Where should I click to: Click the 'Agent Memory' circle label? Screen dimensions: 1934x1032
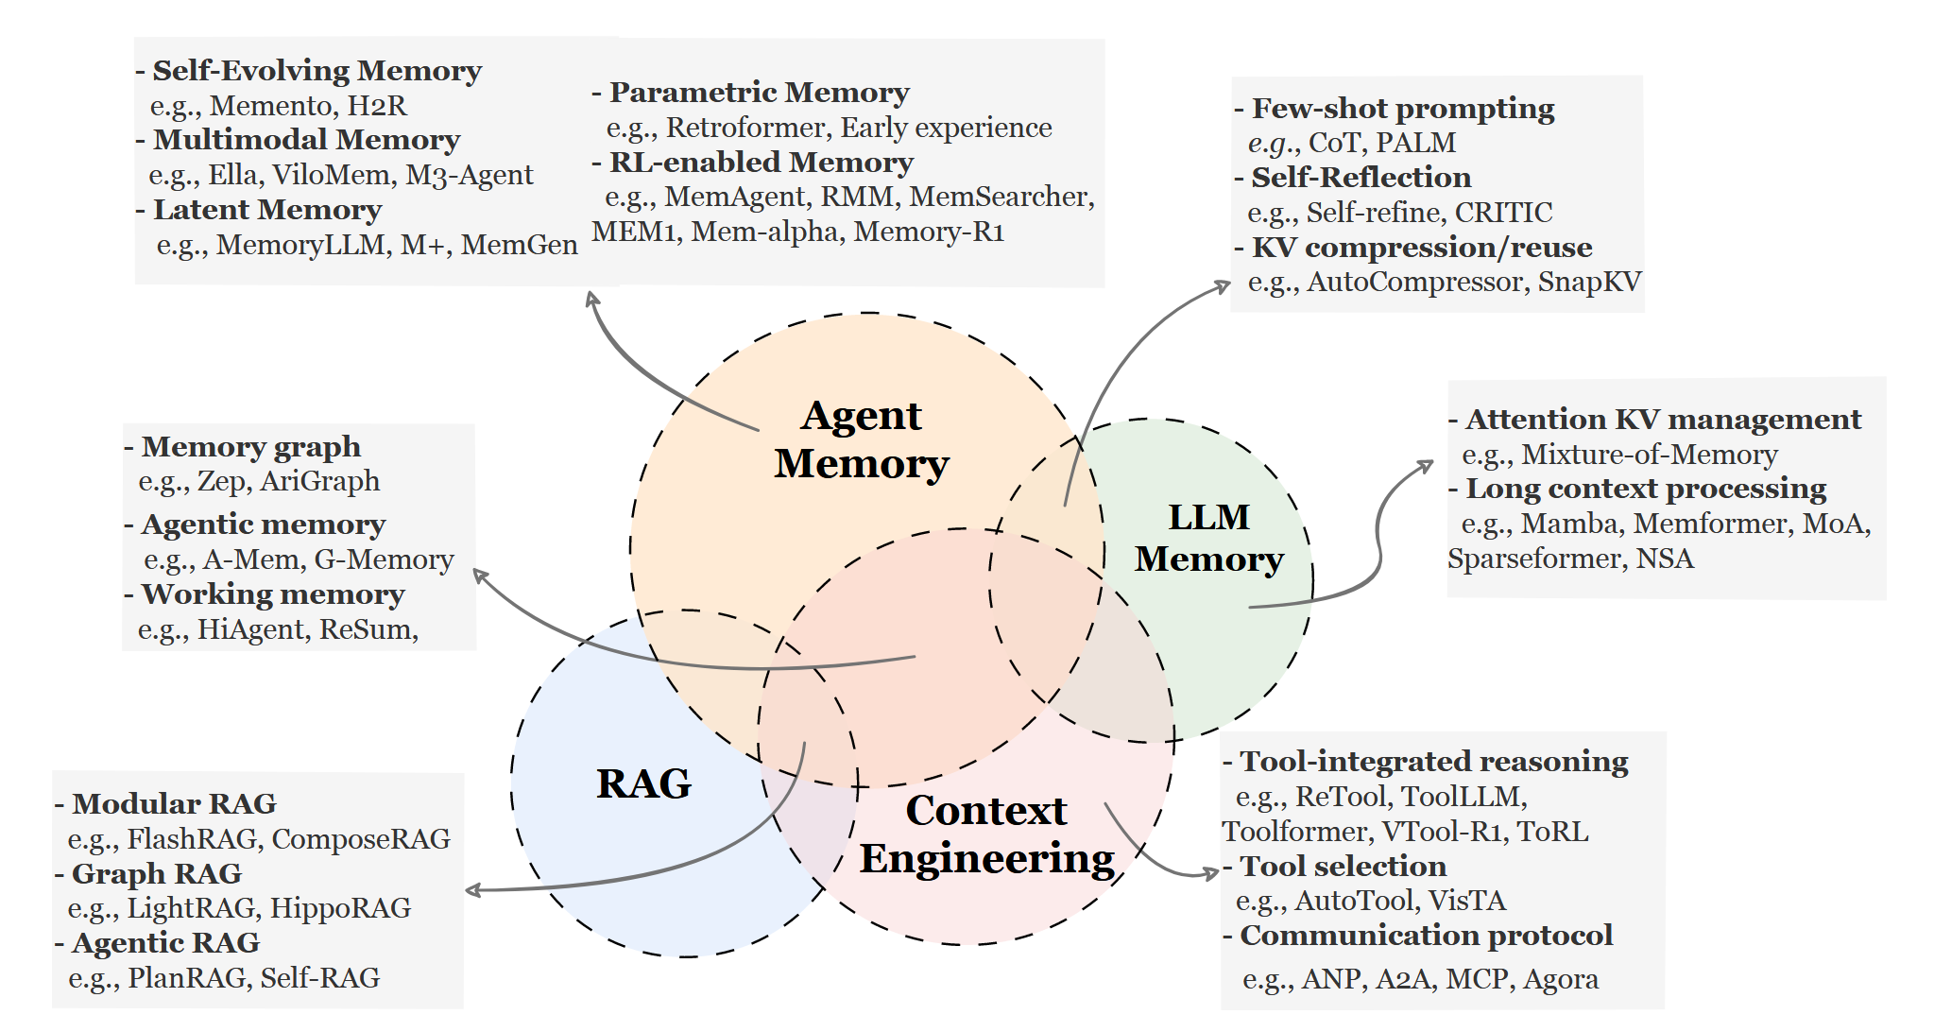(x=862, y=439)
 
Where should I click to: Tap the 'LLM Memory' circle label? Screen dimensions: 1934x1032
(x=1209, y=538)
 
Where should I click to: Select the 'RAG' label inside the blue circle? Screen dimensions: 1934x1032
(x=644, y=783)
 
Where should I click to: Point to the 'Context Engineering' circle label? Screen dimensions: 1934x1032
(x=987, y=835)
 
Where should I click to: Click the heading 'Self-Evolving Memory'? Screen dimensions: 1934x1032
(x=317, y=71)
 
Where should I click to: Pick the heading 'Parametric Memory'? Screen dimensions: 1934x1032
(x=760, y=93)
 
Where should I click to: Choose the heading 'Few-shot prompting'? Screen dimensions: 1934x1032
(x=1403, y=109)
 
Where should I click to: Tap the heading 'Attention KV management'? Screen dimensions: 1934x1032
(x=1664, y=420)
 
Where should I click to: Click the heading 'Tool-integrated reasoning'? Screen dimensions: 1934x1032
(x=1434, y=762)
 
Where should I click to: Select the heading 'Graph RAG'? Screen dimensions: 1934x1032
(x=157, y=873)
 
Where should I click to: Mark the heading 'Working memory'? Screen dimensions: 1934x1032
(x=273, y=594)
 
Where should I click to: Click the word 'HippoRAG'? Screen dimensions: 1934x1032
(x=340, y=908)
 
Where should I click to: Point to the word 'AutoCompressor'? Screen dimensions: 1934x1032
(x=1416, y=282)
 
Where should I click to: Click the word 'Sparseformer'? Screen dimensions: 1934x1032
(x=1533, y=559)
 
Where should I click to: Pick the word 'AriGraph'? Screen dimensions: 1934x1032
(x=320, y=481)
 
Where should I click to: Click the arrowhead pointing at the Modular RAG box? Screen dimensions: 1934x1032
(x=474, y=890)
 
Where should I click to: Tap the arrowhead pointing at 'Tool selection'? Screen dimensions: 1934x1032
(x=1211, y=873)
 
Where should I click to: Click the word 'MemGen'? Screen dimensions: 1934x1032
(x=519, y=245)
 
